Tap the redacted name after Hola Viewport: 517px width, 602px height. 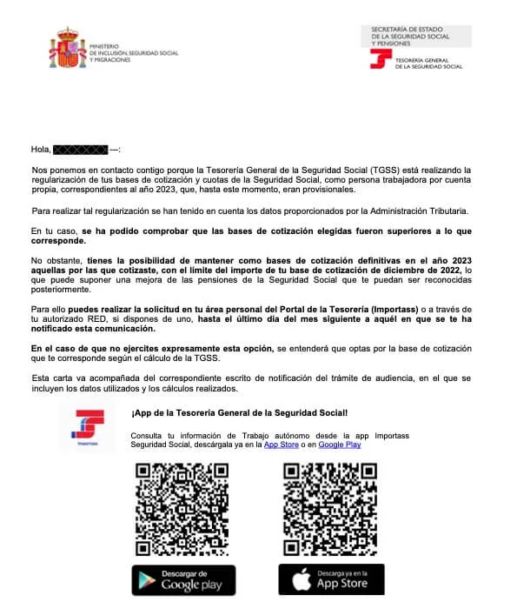[x=81, y=150]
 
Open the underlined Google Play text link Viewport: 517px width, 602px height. [x=340, y=445]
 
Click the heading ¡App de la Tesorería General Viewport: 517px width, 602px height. [x=239, y=412]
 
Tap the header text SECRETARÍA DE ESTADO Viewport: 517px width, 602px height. [x=408, y=30]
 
